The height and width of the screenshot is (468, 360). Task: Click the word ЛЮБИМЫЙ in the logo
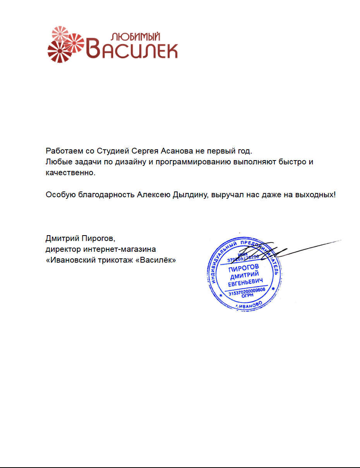[x=135, y=37]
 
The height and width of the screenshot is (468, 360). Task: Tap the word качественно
[x=70, y=173]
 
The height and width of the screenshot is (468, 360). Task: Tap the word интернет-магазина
[x=118, y=249]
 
